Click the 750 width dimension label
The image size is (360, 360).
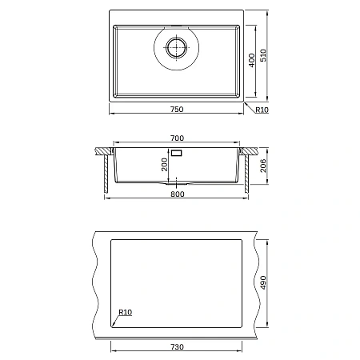tap(177, 110)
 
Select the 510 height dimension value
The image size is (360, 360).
tap(263, 55)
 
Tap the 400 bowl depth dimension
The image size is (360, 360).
tap(251, 60)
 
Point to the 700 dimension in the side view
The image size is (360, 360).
tap(177, 138)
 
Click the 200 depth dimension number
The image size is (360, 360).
tap(164, 165)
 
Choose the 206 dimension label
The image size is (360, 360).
tap(263, 166)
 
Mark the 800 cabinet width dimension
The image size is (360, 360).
tap(178, 194)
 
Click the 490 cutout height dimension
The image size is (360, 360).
tap(263, 282)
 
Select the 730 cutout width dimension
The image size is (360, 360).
tap(177, 347)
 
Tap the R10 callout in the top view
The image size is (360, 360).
tap(262, 110)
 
